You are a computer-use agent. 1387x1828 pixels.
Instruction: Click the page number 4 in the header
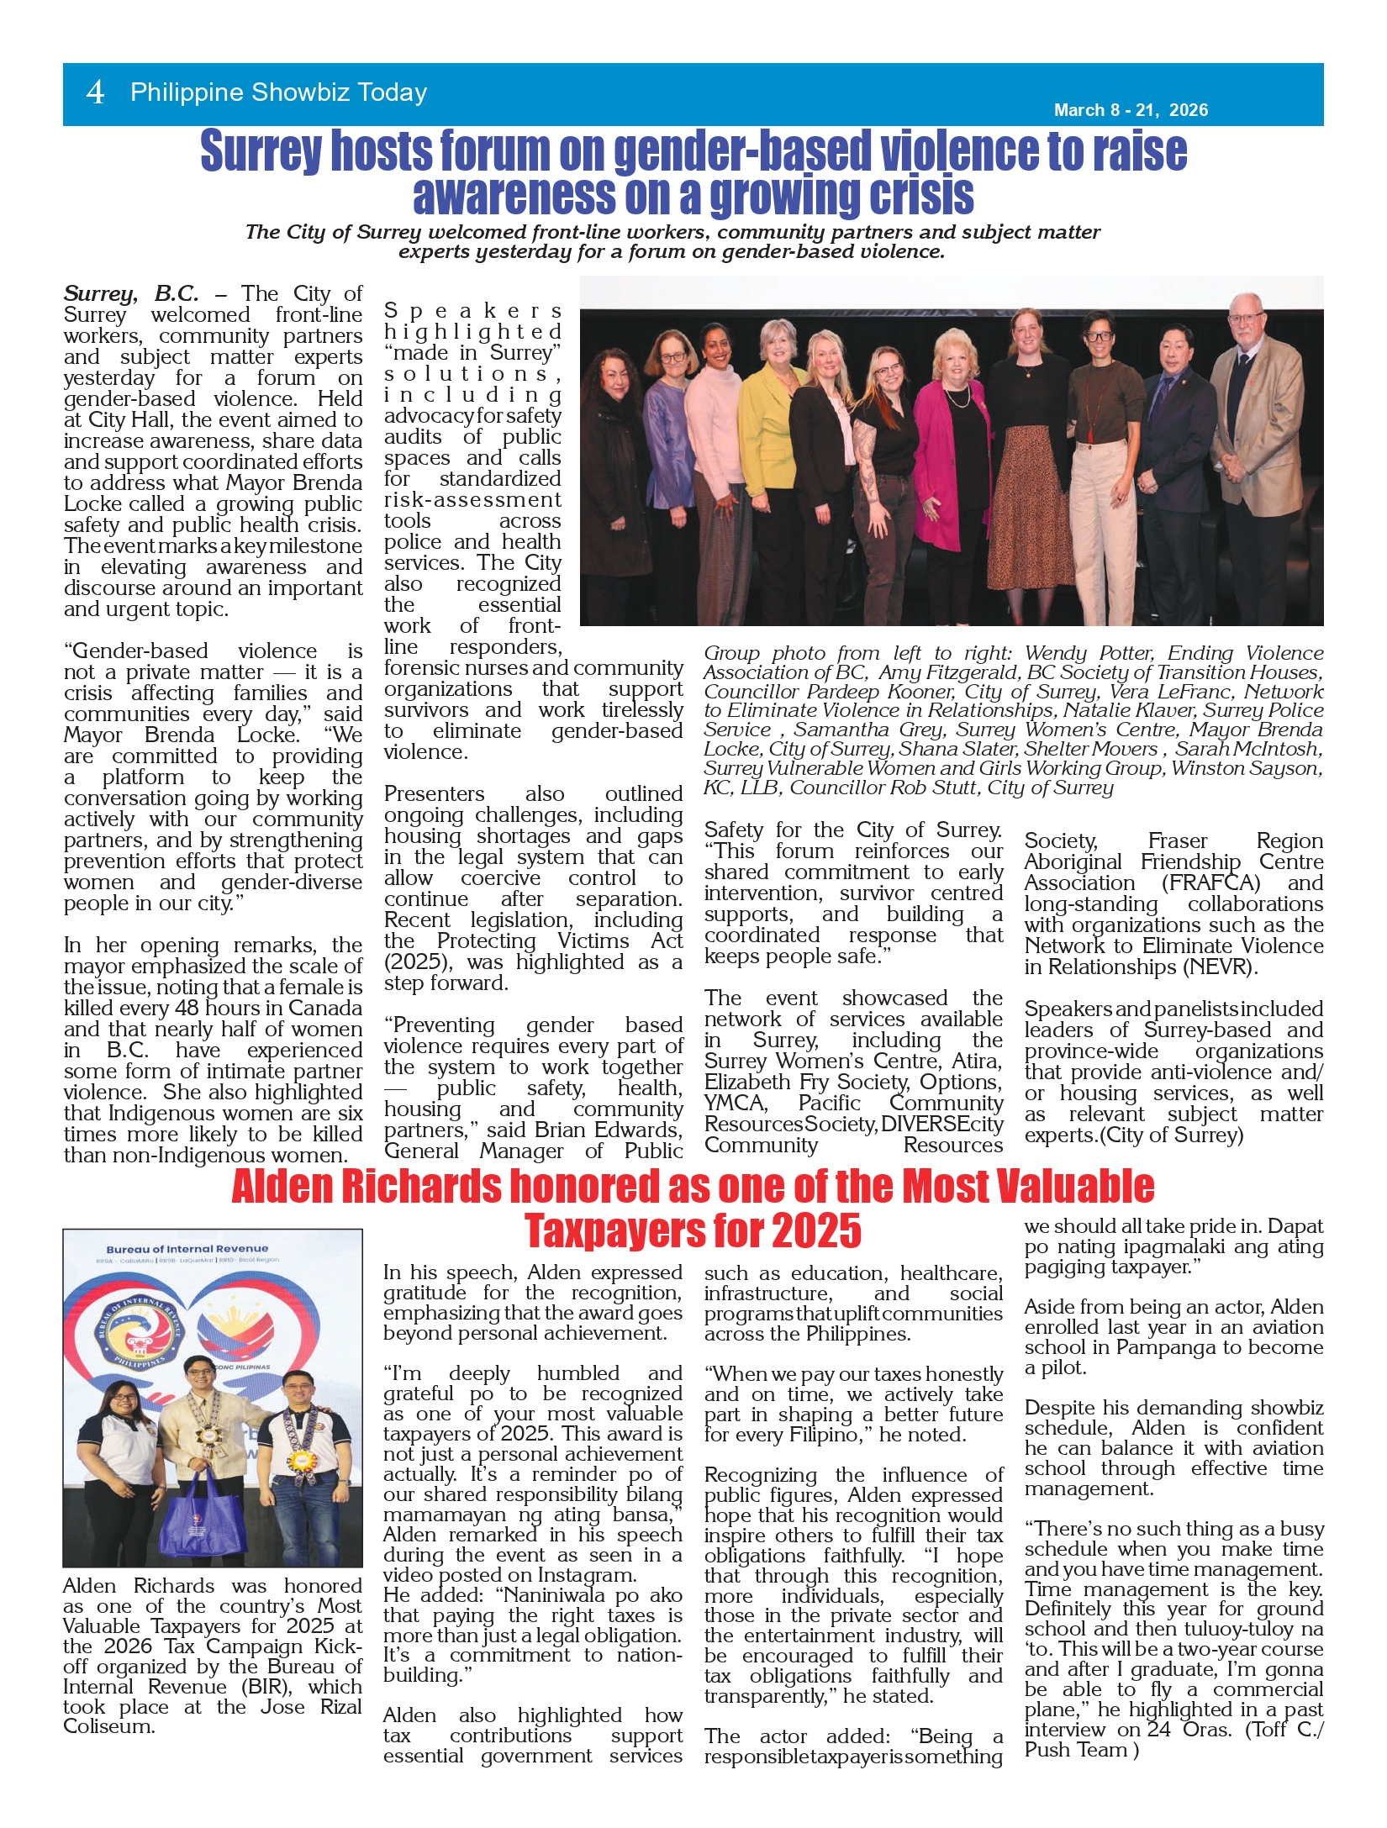click(x=95, y=92)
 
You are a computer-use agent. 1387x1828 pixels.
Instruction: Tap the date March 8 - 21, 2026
click(x=1131, y=110)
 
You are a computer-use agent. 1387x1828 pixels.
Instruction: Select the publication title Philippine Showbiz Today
click(x=278, y=92)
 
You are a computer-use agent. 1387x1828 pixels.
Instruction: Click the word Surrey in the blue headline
click(x=261, y=151)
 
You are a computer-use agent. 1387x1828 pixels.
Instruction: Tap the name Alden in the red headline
click(x=282, y=1187)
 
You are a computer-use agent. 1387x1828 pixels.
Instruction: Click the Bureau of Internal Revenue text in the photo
click(x=187, y=1249)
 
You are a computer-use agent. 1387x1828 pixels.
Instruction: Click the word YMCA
click(x=735, y=1104)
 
